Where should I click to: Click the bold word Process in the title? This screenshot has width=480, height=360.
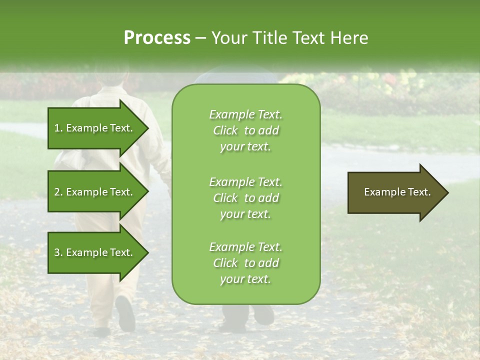click(157, 38)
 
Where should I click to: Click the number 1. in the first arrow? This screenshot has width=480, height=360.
click(58, 128)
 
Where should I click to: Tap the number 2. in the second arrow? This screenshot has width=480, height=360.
click(58, 192)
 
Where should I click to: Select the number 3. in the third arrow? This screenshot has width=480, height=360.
click(58, 252)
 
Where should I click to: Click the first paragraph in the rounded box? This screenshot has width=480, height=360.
click(245, 130)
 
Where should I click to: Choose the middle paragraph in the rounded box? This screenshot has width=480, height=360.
click(245, 198)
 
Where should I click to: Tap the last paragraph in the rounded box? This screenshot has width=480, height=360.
click(245, 263)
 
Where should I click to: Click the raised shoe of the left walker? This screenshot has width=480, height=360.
click(125, 312)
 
